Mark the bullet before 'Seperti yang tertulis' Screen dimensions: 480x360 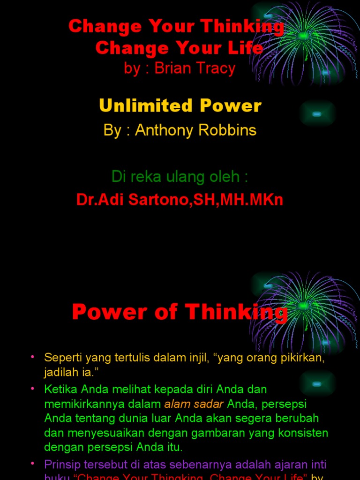[x=33, y=357]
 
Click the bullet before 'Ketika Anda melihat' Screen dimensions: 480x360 [x=33, y=389]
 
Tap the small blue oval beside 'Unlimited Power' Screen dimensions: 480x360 [x=317, y=113]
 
